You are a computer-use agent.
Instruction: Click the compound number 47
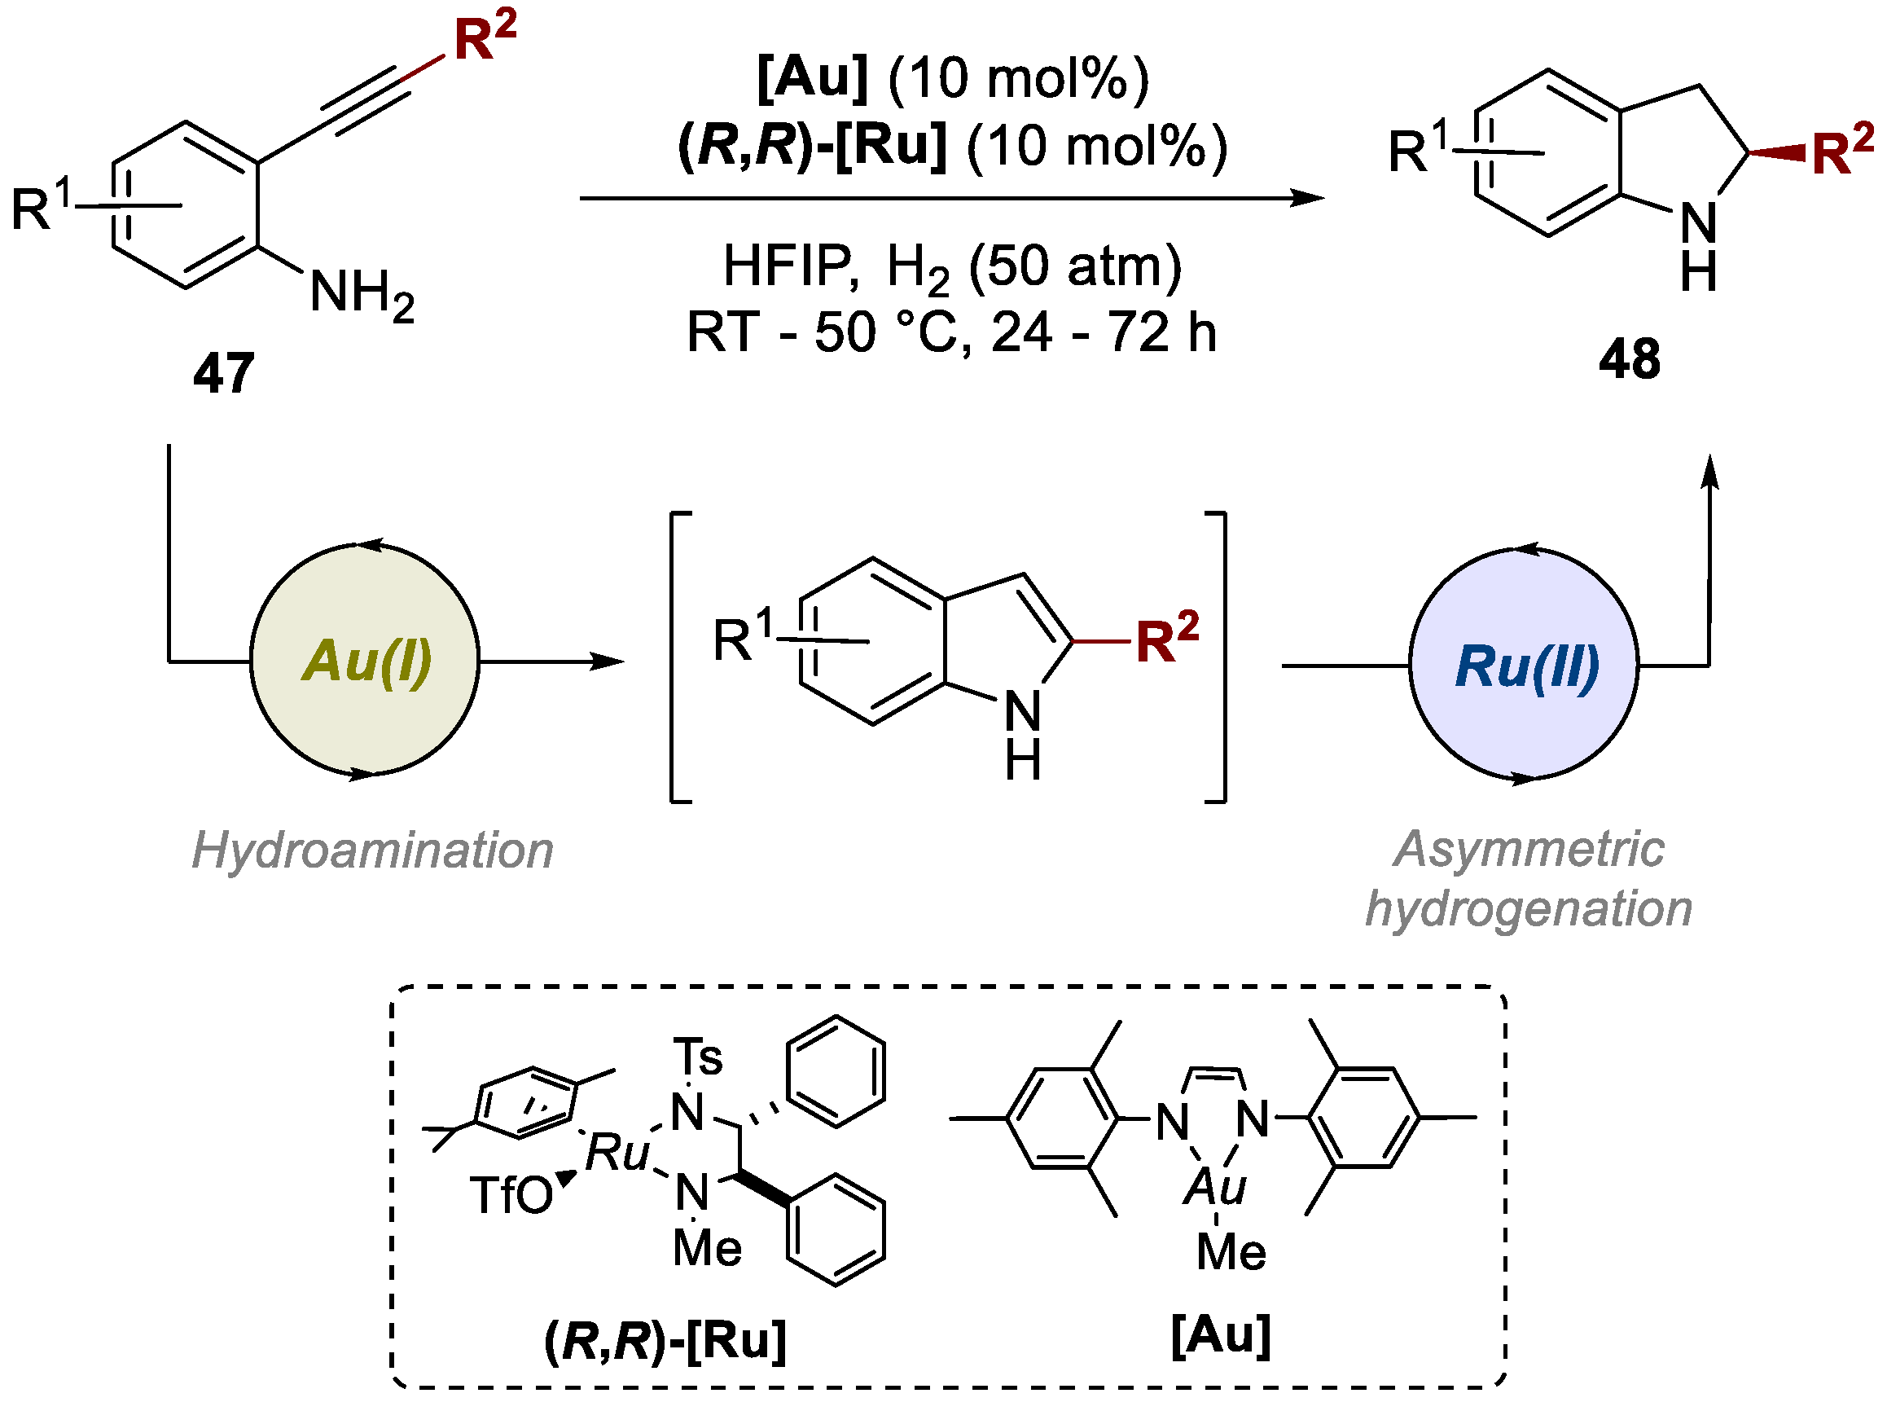223,373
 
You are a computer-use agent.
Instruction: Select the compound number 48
1630,359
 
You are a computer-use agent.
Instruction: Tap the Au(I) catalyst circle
365,661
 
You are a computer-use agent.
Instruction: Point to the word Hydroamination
373,850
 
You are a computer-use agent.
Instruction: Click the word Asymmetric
1528,850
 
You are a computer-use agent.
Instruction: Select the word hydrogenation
1529,908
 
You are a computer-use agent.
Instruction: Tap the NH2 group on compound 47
362,293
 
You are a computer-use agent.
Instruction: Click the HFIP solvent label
787,266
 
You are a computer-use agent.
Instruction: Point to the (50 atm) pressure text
1076,266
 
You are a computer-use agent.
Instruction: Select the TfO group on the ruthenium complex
511,1194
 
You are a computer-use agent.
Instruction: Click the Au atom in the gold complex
1215,1187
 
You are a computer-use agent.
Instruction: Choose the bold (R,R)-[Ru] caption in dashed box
665,1340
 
